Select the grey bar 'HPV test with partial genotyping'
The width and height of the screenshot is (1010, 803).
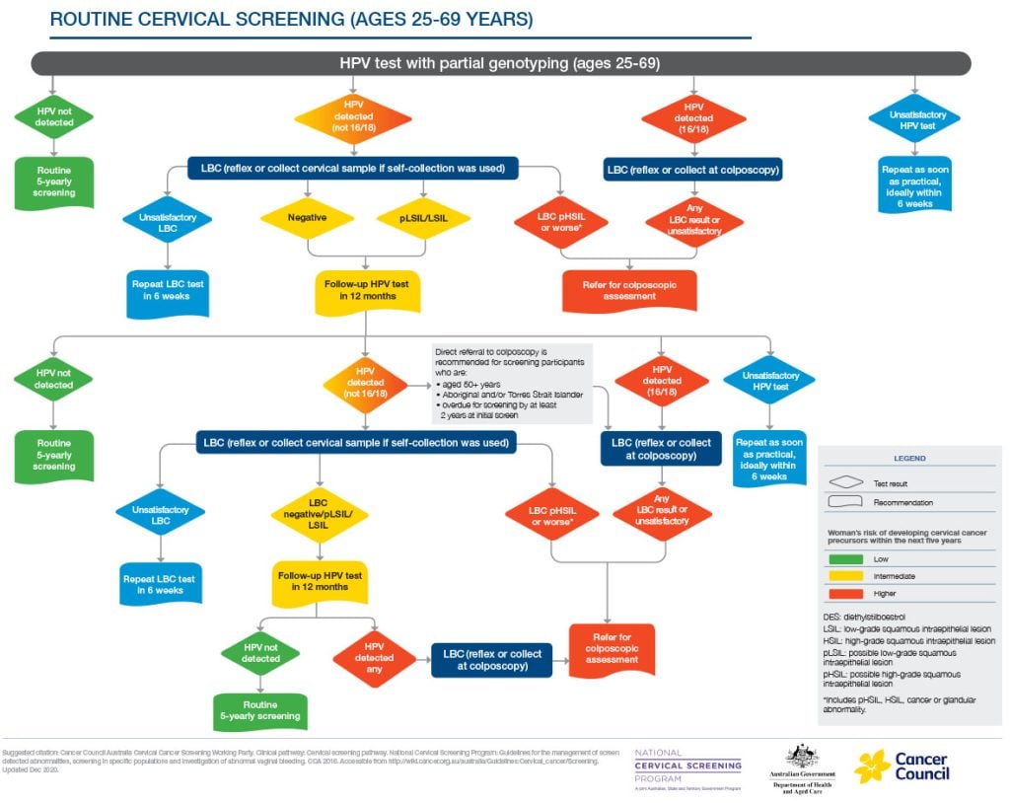500,63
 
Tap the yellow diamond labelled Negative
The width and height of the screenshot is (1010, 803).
307,216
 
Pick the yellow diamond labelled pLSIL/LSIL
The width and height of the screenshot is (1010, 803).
423,216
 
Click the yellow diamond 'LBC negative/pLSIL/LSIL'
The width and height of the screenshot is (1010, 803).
317,514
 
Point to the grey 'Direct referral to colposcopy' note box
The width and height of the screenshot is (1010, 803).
511,383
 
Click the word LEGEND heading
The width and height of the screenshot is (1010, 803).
908,459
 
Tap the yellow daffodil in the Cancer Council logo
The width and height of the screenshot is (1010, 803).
872,766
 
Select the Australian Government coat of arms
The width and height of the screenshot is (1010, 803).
800,757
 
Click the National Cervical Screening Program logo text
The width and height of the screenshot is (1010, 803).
687,766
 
